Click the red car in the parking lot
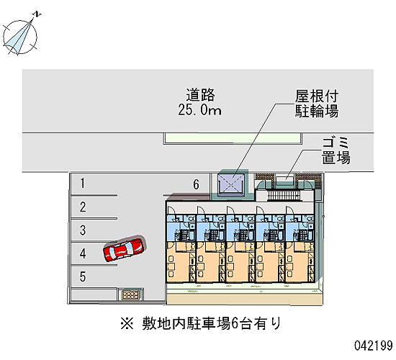point(124,249)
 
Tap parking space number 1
point(82,183)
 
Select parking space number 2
point(83,207)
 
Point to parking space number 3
point(83,230)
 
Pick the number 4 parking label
point(83,253)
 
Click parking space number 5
point(83,276)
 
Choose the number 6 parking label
point(197,184)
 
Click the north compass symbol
point(21,35)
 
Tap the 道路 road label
point(201,95)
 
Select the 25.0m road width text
point(199,110)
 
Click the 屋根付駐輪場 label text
point(317,104)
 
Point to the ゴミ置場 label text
point(336,150)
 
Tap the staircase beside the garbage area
point(284,196)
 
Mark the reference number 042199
point(374,346)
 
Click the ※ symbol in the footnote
point(127,323)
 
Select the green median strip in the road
point(233,138)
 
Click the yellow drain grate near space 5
point(130,295)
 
